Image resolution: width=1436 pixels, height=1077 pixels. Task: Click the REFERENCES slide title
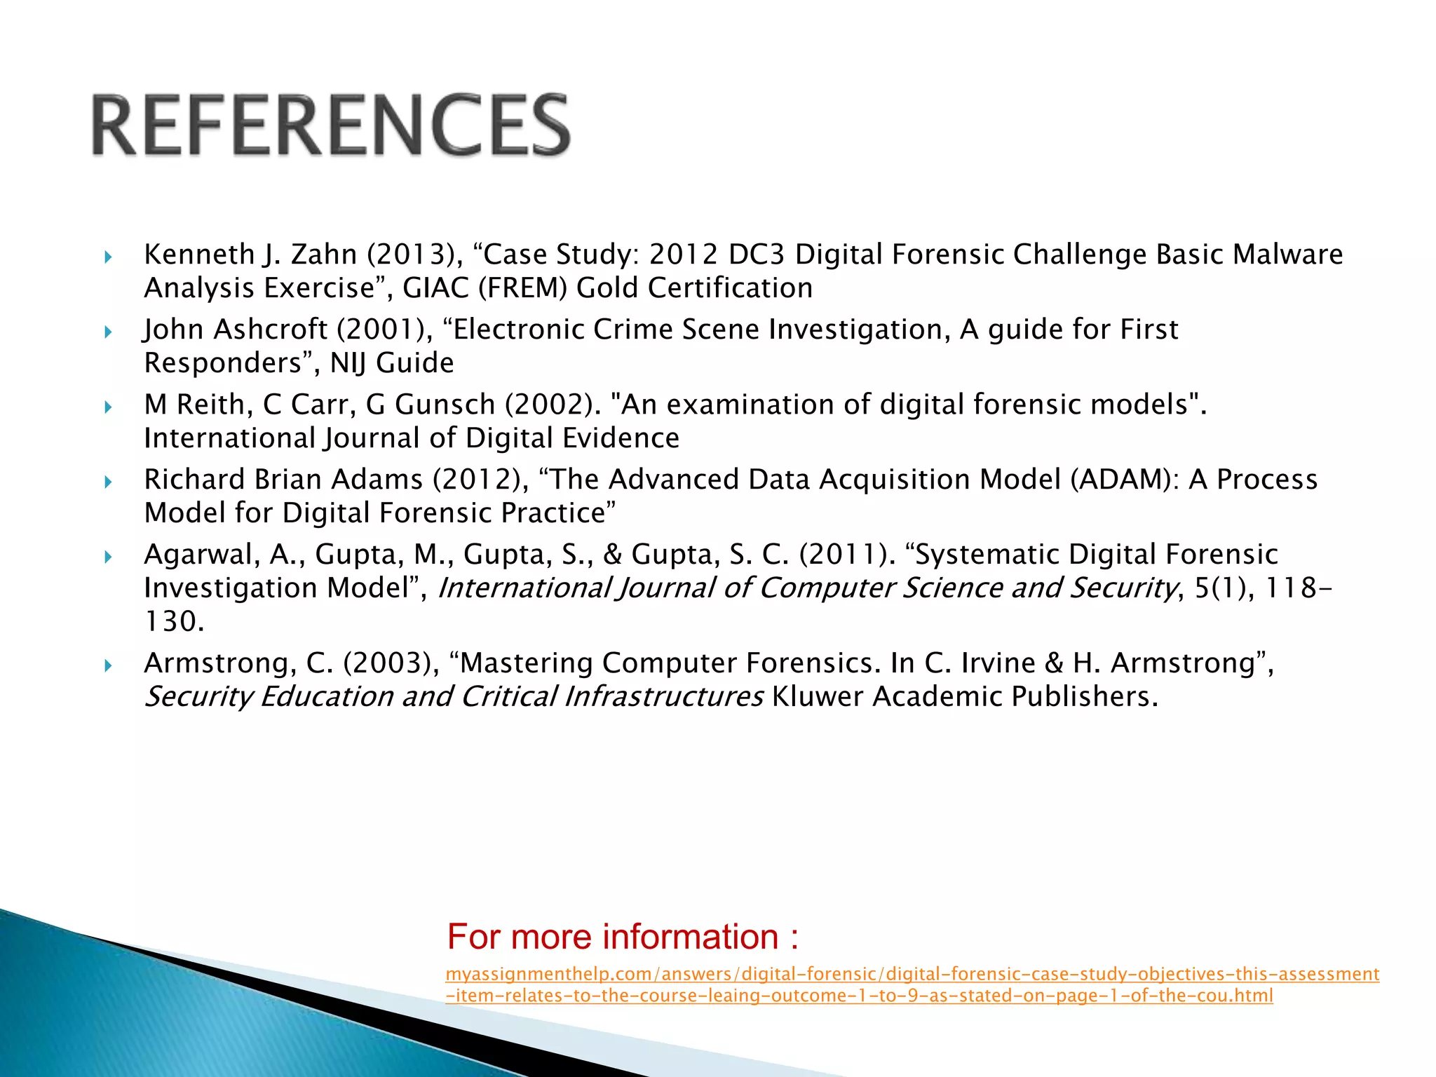click(331, 125)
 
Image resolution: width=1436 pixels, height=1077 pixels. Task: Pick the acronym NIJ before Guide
click(348, 363)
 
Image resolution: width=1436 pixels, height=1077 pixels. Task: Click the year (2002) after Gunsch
click(553, 405)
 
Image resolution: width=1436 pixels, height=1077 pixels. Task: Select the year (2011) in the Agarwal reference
click(847, 555)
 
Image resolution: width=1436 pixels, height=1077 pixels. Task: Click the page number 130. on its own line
click(174, 622)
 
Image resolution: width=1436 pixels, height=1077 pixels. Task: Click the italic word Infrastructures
click(664, 697)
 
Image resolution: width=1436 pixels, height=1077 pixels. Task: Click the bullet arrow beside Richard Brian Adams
click(108, 482)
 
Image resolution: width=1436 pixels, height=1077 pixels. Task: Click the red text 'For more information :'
click(623, 937)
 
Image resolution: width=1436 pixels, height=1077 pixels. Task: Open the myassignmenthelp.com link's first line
click(912, 974)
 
